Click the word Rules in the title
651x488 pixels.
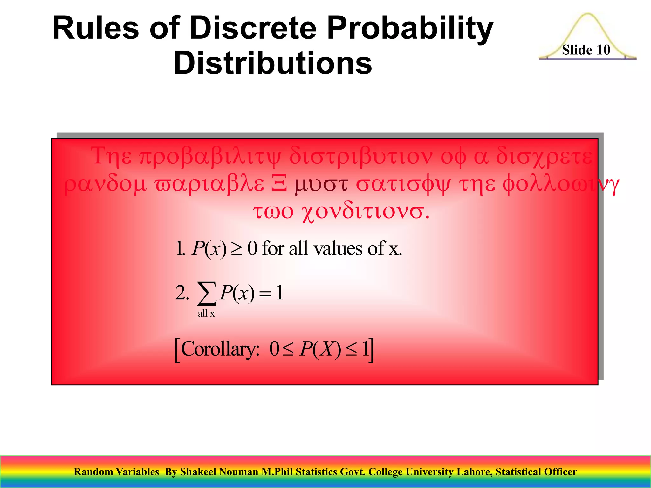click(x=95, y=29)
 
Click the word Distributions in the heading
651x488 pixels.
click(x=273, y=64)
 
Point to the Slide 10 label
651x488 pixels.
click(x=586, y=50)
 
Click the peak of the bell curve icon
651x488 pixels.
click(x=587, y=15)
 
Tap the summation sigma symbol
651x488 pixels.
click(x=207, y=293)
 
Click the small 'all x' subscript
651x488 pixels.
click(x=206, y=314)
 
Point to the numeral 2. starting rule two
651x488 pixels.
click(x=182, y=293)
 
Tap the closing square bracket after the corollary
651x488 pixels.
click(x=371, y=350)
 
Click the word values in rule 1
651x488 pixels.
click(x=338, y=249)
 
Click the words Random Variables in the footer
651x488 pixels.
click(x=116, y=472)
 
